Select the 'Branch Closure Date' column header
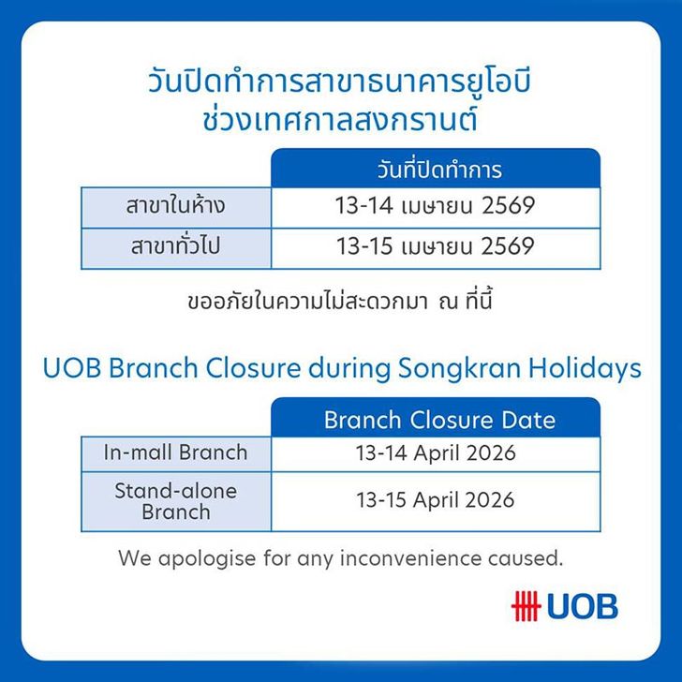438,419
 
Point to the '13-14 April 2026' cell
435,454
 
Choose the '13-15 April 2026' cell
435,500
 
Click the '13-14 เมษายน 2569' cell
435,205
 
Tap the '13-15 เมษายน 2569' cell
435,247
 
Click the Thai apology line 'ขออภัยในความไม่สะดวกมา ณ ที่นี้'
340,304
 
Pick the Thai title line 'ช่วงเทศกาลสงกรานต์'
340,121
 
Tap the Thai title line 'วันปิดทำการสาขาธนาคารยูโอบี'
340,80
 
